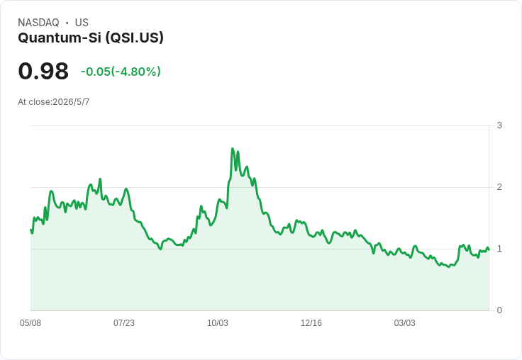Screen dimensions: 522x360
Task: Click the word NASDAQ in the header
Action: [x=38, y=23]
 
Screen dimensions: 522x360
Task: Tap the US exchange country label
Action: [x=82, y=23]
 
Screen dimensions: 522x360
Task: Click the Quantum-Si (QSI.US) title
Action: [x=91, y=38]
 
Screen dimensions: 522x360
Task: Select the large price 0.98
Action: [x=43, y=71]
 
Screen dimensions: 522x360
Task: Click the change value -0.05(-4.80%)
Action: [x=121, y=71]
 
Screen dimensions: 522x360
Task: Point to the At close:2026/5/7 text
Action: [x=54, y=102]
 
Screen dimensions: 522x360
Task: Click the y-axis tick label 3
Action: [x=499, y=125]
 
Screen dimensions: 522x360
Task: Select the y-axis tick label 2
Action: [x=499, y=187]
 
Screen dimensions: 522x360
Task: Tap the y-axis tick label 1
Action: [x=499, y=249]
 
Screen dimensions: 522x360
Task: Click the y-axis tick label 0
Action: [x=499, y=310]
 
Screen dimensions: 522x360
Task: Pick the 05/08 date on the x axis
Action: [x=30, y=322]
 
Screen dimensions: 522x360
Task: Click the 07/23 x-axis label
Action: [x=124, y=322]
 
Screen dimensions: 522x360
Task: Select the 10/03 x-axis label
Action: [x=218, y=322]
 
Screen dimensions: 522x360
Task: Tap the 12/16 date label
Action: [x=311, y=322]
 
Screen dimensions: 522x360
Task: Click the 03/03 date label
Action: [x=405, y=322]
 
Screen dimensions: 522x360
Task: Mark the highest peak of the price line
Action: [x=233, y=148]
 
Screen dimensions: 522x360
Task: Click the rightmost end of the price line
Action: [x=489, y=250]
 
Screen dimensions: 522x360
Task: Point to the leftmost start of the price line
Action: [x=30, y=230]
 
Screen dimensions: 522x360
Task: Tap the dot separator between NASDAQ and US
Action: [x=67, y=23]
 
